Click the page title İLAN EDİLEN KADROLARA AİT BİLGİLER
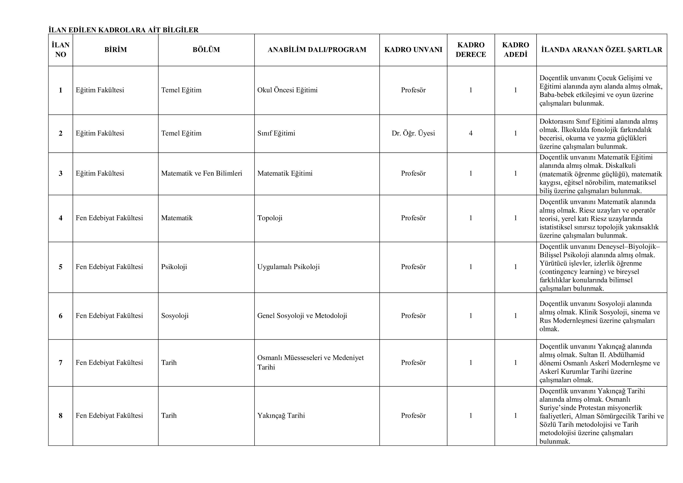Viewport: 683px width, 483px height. (123, 30)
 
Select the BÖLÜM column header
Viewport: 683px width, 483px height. (206, 50)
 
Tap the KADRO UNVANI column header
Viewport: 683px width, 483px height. (413, 50)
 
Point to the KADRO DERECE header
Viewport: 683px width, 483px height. (471, 50)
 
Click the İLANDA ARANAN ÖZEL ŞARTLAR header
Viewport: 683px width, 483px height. (601, 50)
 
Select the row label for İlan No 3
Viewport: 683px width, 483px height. (61, 173)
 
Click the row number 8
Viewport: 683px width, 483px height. (61, 415)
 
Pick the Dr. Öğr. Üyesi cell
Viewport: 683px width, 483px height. (413, 133)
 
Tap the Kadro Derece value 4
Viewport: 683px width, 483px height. (471, 133)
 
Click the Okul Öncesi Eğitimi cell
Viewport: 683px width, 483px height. (287, 90)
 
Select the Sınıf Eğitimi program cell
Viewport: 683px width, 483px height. (276, 133)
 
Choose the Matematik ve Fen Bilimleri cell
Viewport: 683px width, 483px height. (201, 173)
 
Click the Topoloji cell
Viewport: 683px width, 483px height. (270, 218)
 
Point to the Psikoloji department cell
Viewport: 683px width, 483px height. (174, 267)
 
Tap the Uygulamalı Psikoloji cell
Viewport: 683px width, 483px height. (289, 267)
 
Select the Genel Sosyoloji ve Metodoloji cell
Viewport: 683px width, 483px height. (302, 316)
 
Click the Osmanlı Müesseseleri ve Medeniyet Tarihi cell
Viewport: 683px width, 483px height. (310, 362)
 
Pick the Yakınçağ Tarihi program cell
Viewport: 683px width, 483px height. (281, 415)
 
